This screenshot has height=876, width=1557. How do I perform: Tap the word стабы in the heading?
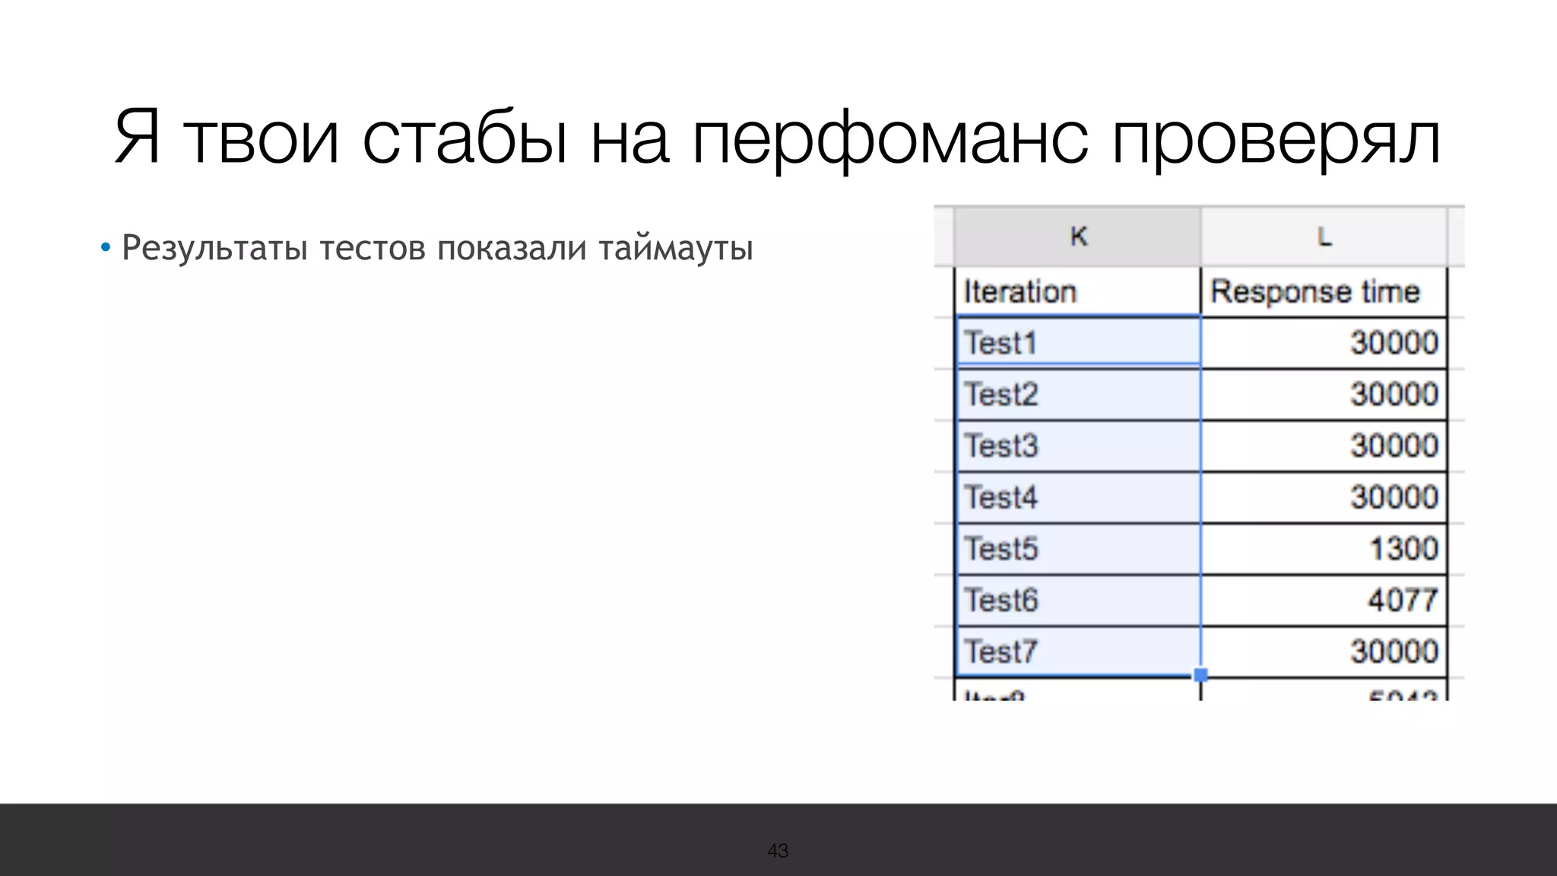465,139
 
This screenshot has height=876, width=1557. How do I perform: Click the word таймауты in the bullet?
675,249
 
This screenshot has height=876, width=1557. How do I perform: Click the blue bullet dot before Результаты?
106,248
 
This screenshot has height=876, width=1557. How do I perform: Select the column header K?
1078,236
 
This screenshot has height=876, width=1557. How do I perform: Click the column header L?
1324,236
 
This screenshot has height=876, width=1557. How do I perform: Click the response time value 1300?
1403,548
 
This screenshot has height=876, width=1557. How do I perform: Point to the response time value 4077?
1403,600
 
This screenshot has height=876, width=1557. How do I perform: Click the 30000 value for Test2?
1394,395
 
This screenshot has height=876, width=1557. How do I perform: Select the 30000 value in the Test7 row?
1394,652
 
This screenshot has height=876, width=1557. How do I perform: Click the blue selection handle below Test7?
1200,674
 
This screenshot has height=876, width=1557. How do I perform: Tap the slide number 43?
778,851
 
